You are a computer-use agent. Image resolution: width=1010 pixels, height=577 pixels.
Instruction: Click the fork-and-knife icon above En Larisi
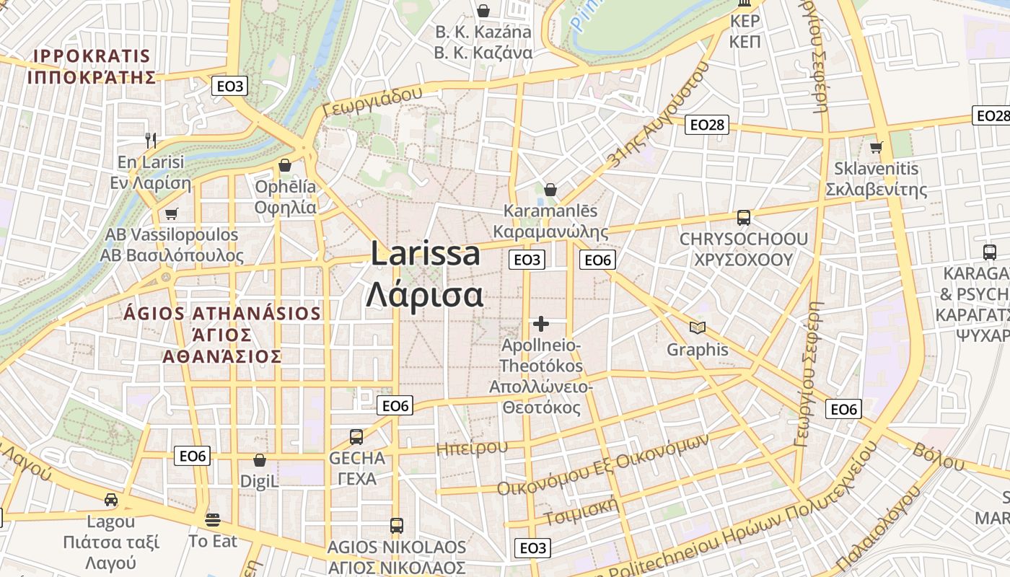(x=151, y=140)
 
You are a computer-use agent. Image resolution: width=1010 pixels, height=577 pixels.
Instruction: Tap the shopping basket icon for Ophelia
(x=285, y=165)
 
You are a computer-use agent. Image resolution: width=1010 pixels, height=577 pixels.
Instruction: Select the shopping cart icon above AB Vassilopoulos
(x=171, y=213)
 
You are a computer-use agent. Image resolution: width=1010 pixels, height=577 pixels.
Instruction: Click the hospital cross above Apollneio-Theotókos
(x=541, y=324)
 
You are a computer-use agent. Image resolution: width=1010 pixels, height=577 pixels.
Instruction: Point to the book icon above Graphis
(x=697, y=328)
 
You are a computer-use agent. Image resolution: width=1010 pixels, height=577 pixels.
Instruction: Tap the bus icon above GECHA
(x=356, y=436)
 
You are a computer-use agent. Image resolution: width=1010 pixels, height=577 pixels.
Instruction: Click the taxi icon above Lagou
(x=111, y=500)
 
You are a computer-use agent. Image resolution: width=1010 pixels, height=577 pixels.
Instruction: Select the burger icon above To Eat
(x=212, y=519)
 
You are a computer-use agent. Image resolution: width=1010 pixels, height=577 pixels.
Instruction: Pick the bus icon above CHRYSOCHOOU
(x=743, y=217)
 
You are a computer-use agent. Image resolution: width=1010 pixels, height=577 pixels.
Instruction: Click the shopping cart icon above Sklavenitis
(x=877, y=147)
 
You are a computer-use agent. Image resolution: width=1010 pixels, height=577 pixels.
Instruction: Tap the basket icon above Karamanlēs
(x=550, y=190)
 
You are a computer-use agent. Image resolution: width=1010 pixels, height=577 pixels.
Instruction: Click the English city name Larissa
(x=426, y=254)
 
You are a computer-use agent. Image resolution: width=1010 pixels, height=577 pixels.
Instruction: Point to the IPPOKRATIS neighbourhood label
(x=92, y=56)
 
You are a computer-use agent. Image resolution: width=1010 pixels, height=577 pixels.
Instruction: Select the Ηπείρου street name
(x=472, y=448)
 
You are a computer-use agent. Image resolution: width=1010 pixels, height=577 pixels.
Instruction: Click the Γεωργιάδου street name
(x=372, y=102)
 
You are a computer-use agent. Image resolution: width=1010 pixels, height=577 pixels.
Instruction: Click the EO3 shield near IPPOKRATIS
(x=230, y=87)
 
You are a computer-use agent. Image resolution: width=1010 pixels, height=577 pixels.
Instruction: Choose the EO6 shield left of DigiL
(x=193, y=455)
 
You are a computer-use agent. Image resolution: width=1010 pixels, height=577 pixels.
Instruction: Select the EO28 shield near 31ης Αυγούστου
(x=706, y=125)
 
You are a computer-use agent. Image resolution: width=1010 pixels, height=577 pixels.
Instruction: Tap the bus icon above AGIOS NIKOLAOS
(x=396, y=525)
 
